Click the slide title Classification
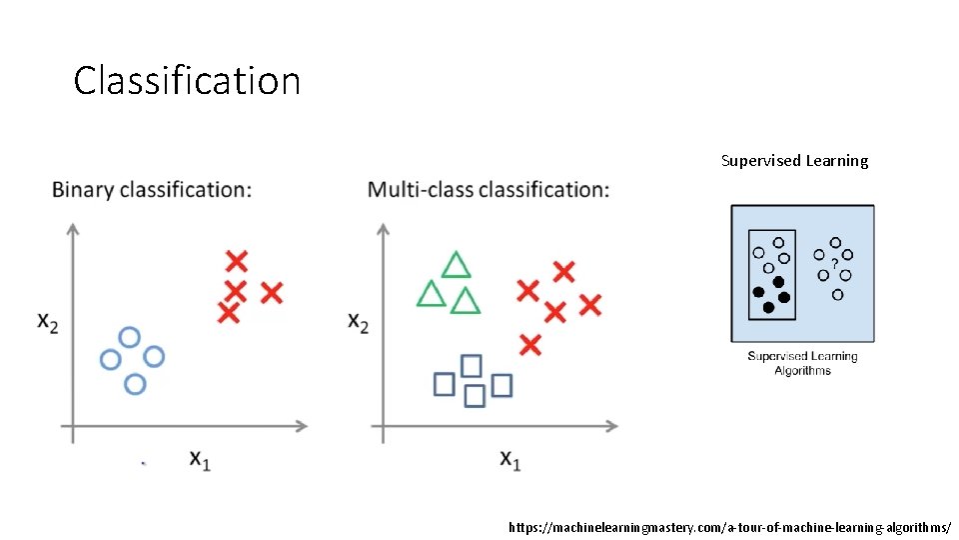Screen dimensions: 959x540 (x=187, y=80)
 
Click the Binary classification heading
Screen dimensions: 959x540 (x=152, y=189)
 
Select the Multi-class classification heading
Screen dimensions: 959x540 (x=488, y=189)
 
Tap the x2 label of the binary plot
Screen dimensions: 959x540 (x=48, y=321)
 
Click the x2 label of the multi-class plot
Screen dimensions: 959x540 (x=358, y=322)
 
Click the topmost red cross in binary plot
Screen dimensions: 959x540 (x=236, y=261)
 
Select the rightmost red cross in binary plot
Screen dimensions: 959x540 (x=271, y=292)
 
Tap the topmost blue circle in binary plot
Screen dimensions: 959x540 (x=129, y=337)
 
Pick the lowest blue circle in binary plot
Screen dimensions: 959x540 (x=135, y=382)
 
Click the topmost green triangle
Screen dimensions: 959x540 (x=456, y=265)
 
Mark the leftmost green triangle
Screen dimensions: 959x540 (x=431, y=294)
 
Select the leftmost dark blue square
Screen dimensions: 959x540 (x=445, y=383)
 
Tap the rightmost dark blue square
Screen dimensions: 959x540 (x=501, y=384)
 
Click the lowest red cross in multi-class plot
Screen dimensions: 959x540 (x=530, y=345)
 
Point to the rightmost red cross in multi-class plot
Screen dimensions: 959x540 (x=590, y=304)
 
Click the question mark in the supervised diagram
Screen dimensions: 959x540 (x=834, y=263)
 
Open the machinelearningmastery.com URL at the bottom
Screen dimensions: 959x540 (x=729, y=526)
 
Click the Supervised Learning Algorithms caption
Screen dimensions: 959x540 (x=802, y=363)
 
